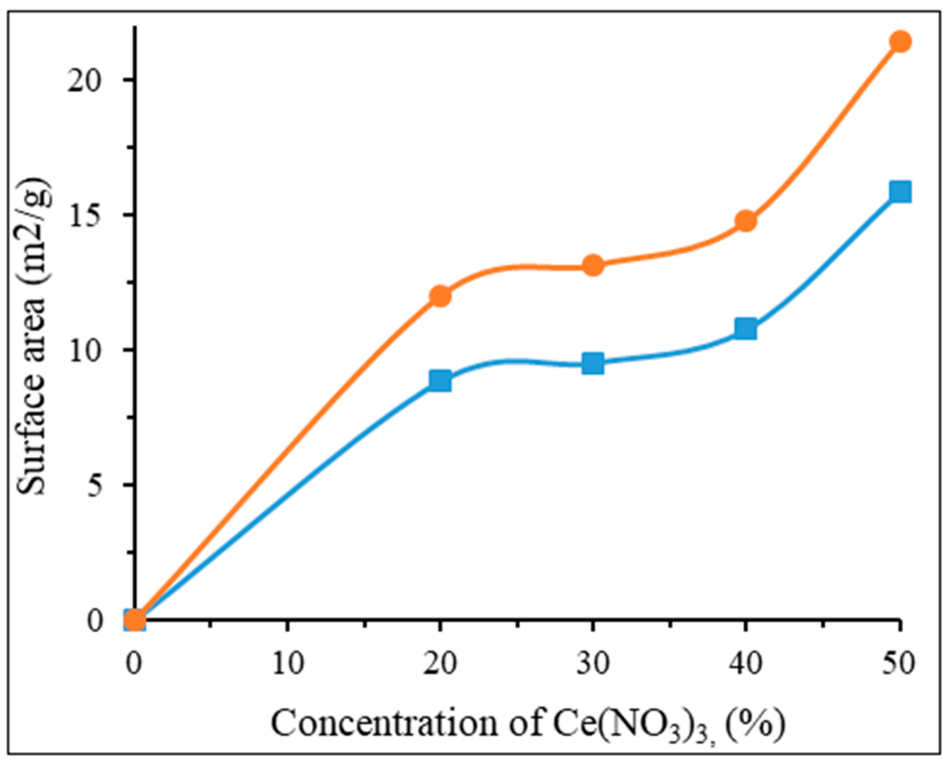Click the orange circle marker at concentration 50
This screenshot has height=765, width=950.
900,42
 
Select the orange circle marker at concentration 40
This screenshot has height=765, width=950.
746,220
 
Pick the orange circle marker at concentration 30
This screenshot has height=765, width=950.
593,265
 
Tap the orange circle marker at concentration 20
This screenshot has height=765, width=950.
440,296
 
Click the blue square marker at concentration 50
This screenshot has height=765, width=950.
900,191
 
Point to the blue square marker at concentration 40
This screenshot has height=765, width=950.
746,329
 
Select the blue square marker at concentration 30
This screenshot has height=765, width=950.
593,363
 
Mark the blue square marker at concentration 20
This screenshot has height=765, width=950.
440,381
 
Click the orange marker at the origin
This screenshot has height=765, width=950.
135,621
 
